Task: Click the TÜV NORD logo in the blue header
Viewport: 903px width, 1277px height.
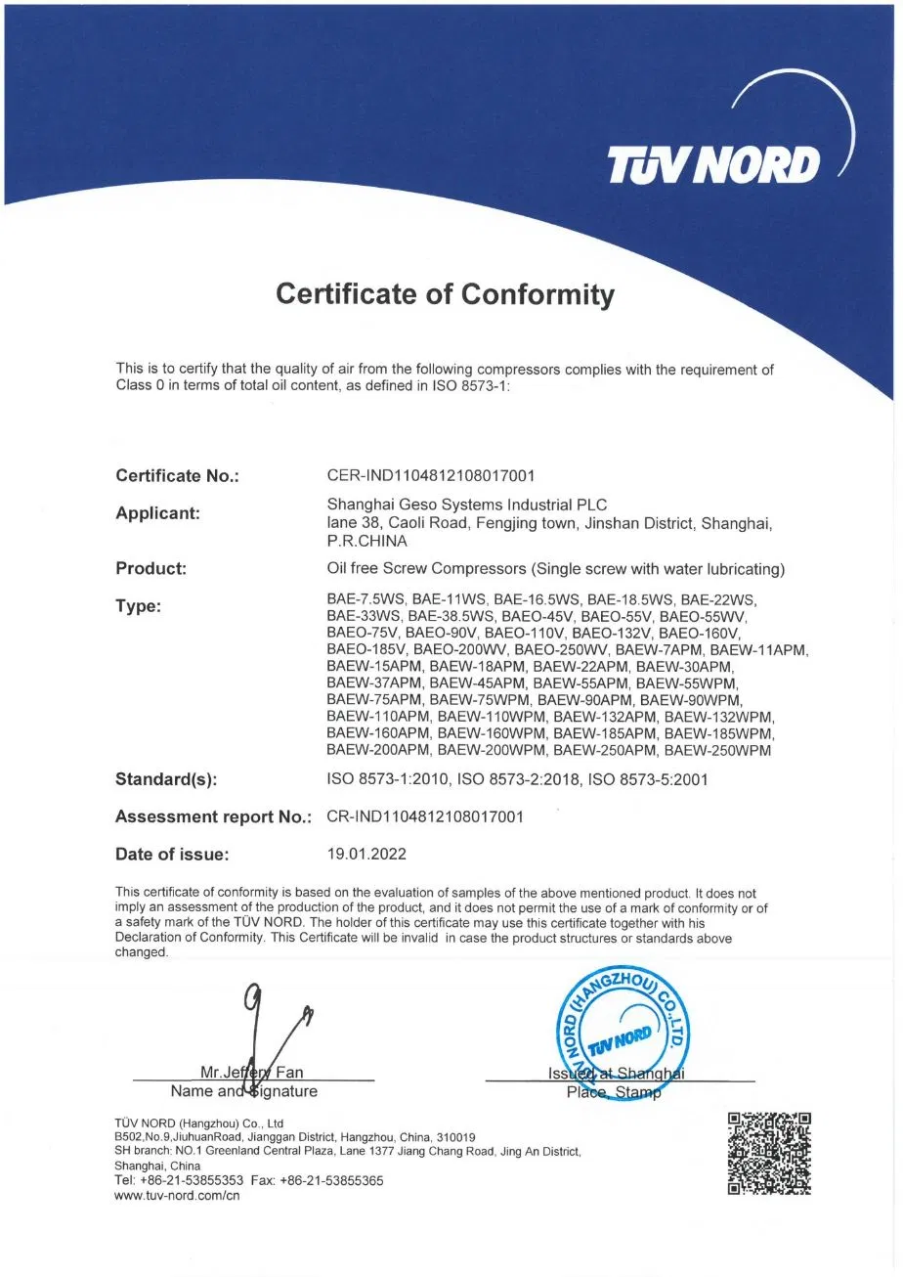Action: click(x=713, y=165)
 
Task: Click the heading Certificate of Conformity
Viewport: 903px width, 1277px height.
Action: click(x=445, y=293)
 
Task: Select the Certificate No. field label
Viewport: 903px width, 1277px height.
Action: click(x=177, y=476)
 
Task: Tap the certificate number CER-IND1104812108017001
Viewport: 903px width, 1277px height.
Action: click(x=431, y=476)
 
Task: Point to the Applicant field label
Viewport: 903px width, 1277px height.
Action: click(x=157, y=512)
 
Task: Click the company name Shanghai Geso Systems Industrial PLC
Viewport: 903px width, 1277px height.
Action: click(x=466, y=505)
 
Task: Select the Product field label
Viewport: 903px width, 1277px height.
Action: click(x=150, y=568)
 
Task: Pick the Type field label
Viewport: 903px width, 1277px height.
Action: click(x=138, y=606)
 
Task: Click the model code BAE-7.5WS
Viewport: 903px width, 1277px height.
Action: click(x=365, y=598)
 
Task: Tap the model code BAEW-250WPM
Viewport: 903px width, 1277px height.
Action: click(x=717, y=750)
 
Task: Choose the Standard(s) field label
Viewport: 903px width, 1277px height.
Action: click(x=166, y=779)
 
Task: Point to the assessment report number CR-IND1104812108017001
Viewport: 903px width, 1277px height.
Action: click(x=425, y=816)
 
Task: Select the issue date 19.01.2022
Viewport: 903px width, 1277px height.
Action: click(x=366, y=854)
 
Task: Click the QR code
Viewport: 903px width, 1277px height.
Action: click(x=769, y=1153)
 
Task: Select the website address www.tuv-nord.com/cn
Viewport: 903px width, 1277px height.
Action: click(x=177, y=1195)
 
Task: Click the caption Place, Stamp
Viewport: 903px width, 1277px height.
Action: click(x=614, y=1092)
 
